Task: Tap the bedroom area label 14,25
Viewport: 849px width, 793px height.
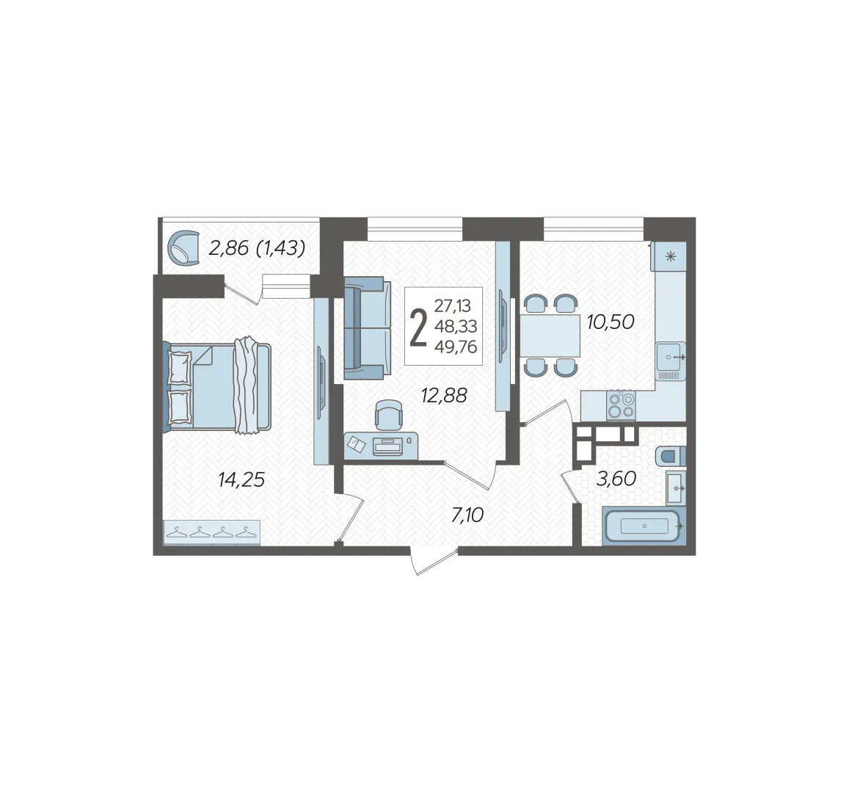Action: (241, 479)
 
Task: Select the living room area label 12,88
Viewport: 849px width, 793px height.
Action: (444, 396)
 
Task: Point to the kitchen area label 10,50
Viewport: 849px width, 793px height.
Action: (611, 322)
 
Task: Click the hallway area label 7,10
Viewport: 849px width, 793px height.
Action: (467, 515)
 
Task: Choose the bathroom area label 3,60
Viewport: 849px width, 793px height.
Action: (616, 479)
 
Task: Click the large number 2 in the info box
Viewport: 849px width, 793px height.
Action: (418, 328)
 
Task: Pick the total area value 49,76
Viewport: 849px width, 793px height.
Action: (456, 347)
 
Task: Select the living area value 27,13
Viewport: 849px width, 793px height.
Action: (453, 306)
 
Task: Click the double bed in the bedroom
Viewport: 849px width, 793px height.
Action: (217, 385)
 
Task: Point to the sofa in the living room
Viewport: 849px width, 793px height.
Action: (368, 327)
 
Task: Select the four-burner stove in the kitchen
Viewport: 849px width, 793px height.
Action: (621, 405)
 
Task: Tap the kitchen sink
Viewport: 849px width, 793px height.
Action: (671, 358)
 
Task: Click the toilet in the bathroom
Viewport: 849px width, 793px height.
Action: (670, 456)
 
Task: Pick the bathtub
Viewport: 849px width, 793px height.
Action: (644, 526)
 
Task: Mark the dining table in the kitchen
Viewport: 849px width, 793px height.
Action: (550, 336)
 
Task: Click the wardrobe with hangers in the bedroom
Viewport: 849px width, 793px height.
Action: (212, 532)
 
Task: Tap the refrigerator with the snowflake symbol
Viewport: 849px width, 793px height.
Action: (670, 256)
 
